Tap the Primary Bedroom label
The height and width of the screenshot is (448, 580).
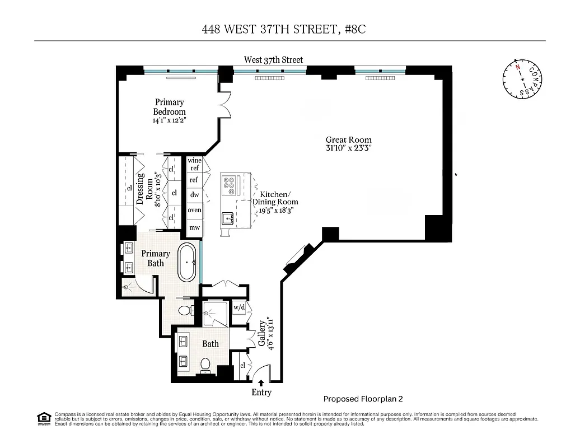pyautogui.click(x=169, y=107)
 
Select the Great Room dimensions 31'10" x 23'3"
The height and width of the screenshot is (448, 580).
pyautogui.click(x=348, y=148)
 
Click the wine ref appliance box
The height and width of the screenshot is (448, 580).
pyautogui.click(x=194, y=164)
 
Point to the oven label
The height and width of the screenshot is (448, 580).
pyautogui.click(x=194, y=210)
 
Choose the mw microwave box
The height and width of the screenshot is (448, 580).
pyautogui.click(x=194, y=227)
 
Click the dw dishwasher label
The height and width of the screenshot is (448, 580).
pyautogui.click(x=194, y=195)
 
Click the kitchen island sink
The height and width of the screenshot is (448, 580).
pyautogui.click(x=228, y=217)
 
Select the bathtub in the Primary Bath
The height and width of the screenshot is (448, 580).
pyautogui.click(x=187, y=262)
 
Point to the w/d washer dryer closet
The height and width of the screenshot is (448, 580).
pyautogui.click(x=239, y=307)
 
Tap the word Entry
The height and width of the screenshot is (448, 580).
pyautogui.click(x=261, y=393)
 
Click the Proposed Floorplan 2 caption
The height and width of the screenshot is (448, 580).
pyautogui.click(x=363, y=399)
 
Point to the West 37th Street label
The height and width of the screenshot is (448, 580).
pyautogui.click(x=273, y=59)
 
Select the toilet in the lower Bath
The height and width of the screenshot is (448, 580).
pyautogui.click(x=205, y=365)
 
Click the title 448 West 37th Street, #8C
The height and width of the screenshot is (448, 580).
pyautogui.click(x=284, y=29)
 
